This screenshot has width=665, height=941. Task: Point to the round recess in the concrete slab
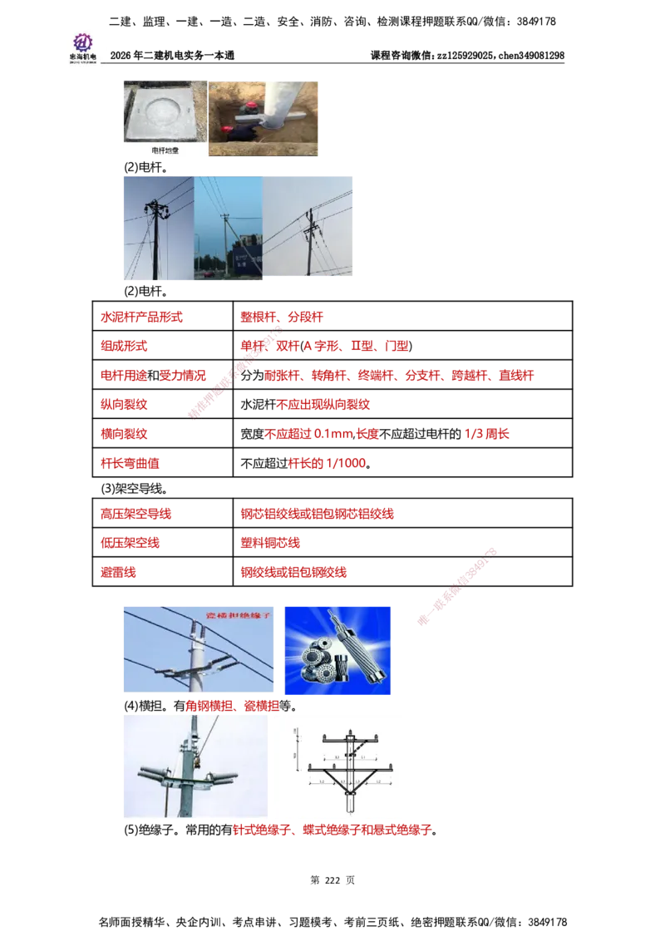pos(163,109)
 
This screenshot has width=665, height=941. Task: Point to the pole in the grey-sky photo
pos(309,241)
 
